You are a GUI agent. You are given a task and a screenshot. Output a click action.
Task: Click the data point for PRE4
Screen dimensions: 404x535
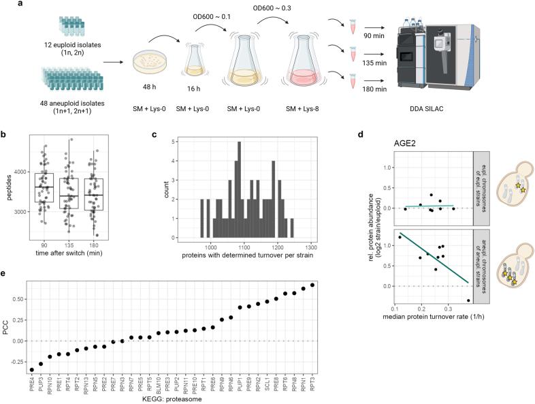[32, 369]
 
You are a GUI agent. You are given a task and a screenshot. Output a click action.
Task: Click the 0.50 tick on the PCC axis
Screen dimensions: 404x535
[18, 298]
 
